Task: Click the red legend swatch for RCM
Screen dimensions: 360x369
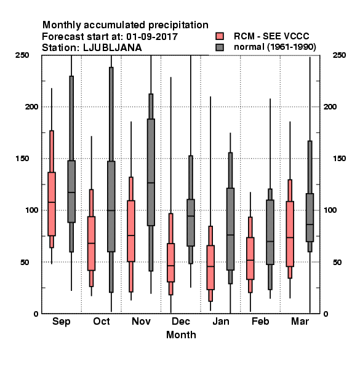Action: click(x=220, y=36)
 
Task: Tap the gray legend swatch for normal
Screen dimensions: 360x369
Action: click(x=220, y=47)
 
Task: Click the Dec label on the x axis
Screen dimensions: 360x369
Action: click(x=180, y=321)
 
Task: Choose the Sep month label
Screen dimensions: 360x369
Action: click(x=61, y=322)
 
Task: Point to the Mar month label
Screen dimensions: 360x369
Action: click(x=300, y=321)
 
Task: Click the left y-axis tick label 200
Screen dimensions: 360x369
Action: click(x=31, y=106)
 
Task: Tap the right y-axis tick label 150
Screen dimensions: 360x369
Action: click(x=339, y=159)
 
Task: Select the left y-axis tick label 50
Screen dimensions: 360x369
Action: click(x=25, y=262)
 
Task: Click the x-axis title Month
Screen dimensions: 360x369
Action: click(x=181, y=335)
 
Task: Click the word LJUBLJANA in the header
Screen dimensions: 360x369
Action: click(x=113, y=48)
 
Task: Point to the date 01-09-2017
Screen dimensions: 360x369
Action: click(x=152, y=37)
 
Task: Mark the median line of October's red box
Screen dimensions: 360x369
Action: click(x=91, y=243)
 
